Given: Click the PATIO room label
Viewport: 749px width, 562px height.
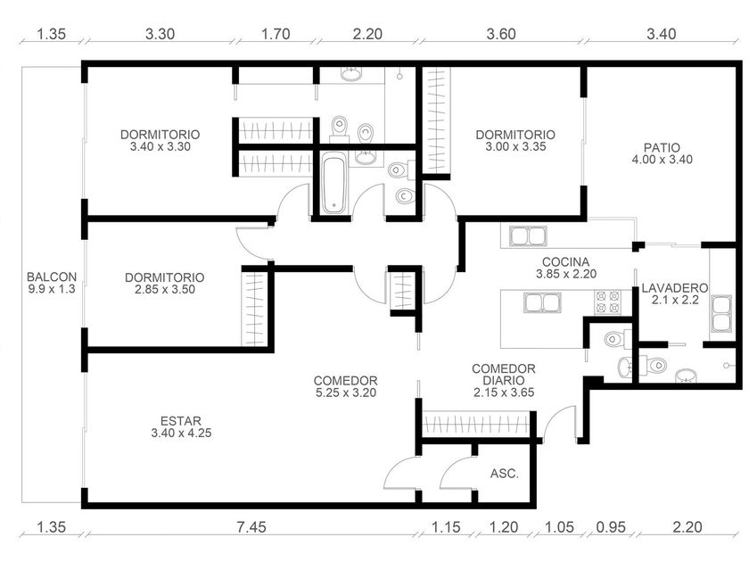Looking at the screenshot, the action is (x=662, y=147).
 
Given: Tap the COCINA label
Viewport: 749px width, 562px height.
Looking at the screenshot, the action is (x=565, y=262).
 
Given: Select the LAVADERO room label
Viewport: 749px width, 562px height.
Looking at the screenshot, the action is (x=674, y=288).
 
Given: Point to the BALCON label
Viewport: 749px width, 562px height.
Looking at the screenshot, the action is (x=52, y=277).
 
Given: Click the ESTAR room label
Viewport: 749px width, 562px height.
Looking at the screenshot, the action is (x=180, y=421).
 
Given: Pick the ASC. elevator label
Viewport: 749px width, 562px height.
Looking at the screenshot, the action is (x=505, y=474).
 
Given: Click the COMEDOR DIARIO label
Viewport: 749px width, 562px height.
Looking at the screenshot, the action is (x=504, y=375).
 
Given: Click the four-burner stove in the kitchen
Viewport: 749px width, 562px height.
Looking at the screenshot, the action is (x=607, y=302).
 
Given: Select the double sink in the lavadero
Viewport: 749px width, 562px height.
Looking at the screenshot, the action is (x=720, y=314).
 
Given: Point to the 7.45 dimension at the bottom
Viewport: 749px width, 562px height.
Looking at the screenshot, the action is (x=251, y=526).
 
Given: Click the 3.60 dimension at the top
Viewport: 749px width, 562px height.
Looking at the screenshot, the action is (x=501, y=34).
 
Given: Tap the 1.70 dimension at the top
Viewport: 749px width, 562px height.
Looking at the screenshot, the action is (x=276, y=34).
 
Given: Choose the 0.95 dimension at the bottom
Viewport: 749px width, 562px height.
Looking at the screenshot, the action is (x=611, y=526).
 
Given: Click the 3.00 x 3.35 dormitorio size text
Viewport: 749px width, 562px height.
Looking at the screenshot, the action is (x=516, y=146).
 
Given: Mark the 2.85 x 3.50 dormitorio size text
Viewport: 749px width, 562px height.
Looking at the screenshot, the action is (x=165, y=289).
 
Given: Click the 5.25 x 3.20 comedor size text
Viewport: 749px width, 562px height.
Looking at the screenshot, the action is (x=346, y=393).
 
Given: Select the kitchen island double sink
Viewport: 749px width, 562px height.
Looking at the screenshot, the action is (x=542, y=302).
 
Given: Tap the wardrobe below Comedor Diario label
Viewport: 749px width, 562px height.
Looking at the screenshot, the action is (x=476, y=424).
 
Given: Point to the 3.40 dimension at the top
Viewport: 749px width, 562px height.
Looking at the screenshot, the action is (x=662, y=34).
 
